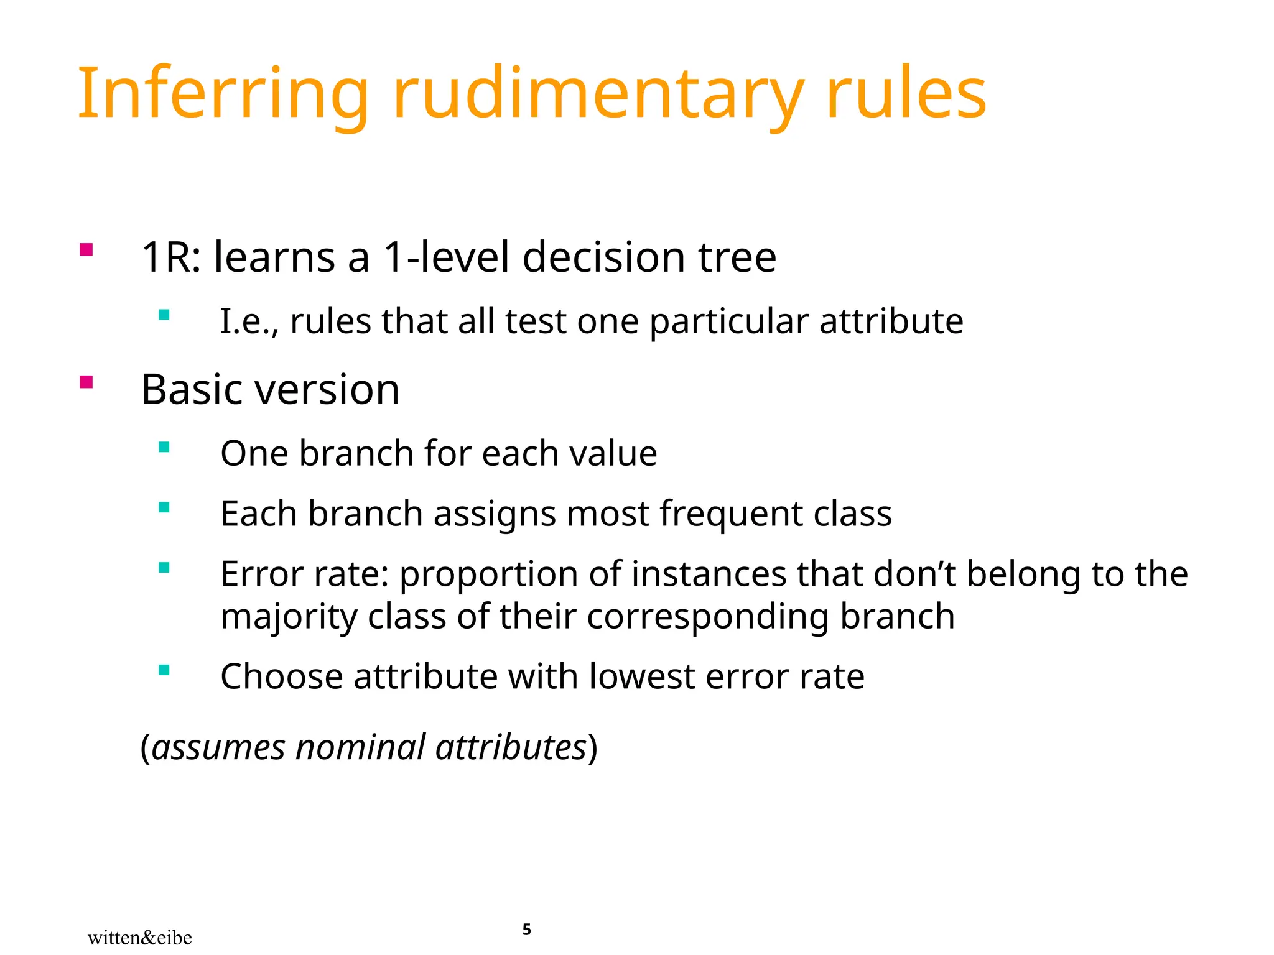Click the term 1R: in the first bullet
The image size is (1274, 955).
(x=171, y=257)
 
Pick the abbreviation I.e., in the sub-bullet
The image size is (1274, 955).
(x=250, y=322)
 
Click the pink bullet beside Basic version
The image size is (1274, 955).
(x=86, y=382)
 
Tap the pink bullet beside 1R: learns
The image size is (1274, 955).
(x=86, y=250)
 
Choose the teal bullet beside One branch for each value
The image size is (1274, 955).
(x=164, y=447)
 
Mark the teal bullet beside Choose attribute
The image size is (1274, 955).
(x=164, y=670)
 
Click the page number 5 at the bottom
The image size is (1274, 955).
(x=526, y=930)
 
